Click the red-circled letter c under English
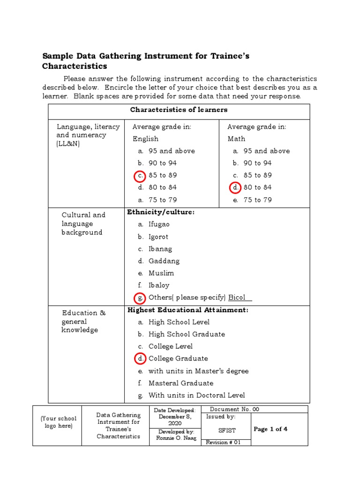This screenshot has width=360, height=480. point(140,176)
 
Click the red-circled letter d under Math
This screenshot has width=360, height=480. point(235,187)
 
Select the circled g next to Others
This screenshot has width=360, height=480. point(140,298)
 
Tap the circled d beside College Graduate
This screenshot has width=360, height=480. point(140,359)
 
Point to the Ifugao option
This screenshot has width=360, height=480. point(159,225)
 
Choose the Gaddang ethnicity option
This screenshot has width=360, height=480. point(164,261)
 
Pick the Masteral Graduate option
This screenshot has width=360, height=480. point(180,383)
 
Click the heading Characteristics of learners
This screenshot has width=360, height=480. point(179,110)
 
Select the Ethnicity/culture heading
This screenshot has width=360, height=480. point(160,212)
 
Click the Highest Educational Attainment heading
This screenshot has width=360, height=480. point(187,310)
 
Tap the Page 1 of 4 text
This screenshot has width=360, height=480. point(270,429)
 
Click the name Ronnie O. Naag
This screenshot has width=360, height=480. point(176,438)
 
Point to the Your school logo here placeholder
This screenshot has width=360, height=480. point(58,422)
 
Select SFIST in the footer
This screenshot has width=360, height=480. point(227,430)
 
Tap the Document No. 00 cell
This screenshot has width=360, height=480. point(234,409)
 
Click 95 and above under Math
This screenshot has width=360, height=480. point(266,151)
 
